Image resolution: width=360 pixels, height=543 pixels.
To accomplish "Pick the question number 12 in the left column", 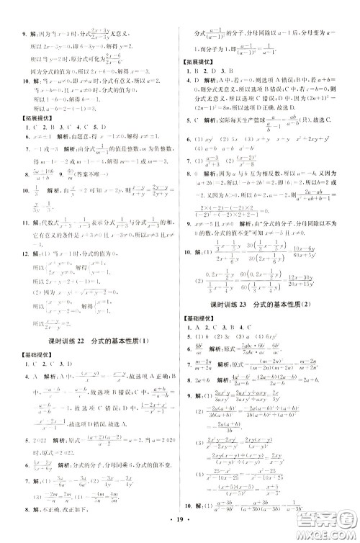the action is click(x=22, y=275).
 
